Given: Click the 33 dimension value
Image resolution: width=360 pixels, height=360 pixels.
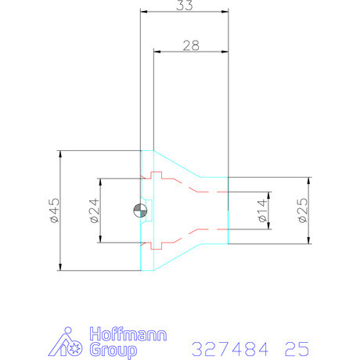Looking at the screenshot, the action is [x=185, y=5].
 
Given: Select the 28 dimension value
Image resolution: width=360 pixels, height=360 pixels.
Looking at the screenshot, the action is [x=191, y=45].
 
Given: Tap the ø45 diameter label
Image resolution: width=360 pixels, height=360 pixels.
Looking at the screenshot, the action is [x=55, y=211].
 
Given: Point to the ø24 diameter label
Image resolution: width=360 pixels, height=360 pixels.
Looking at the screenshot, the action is [x=95, y=211].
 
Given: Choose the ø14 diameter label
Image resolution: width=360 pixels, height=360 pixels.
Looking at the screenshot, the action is [x=262, y=211].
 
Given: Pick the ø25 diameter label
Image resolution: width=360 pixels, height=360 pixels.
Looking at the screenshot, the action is [x=303, y=211].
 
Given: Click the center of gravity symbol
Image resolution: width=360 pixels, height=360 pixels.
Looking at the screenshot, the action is [x=140, y=211].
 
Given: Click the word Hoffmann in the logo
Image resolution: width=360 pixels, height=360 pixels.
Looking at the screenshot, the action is [x=128, y=334].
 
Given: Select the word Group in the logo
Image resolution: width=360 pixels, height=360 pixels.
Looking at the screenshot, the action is [x=113, y=351].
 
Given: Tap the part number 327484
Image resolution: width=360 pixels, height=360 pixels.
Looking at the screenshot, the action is [x=230, y=349].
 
